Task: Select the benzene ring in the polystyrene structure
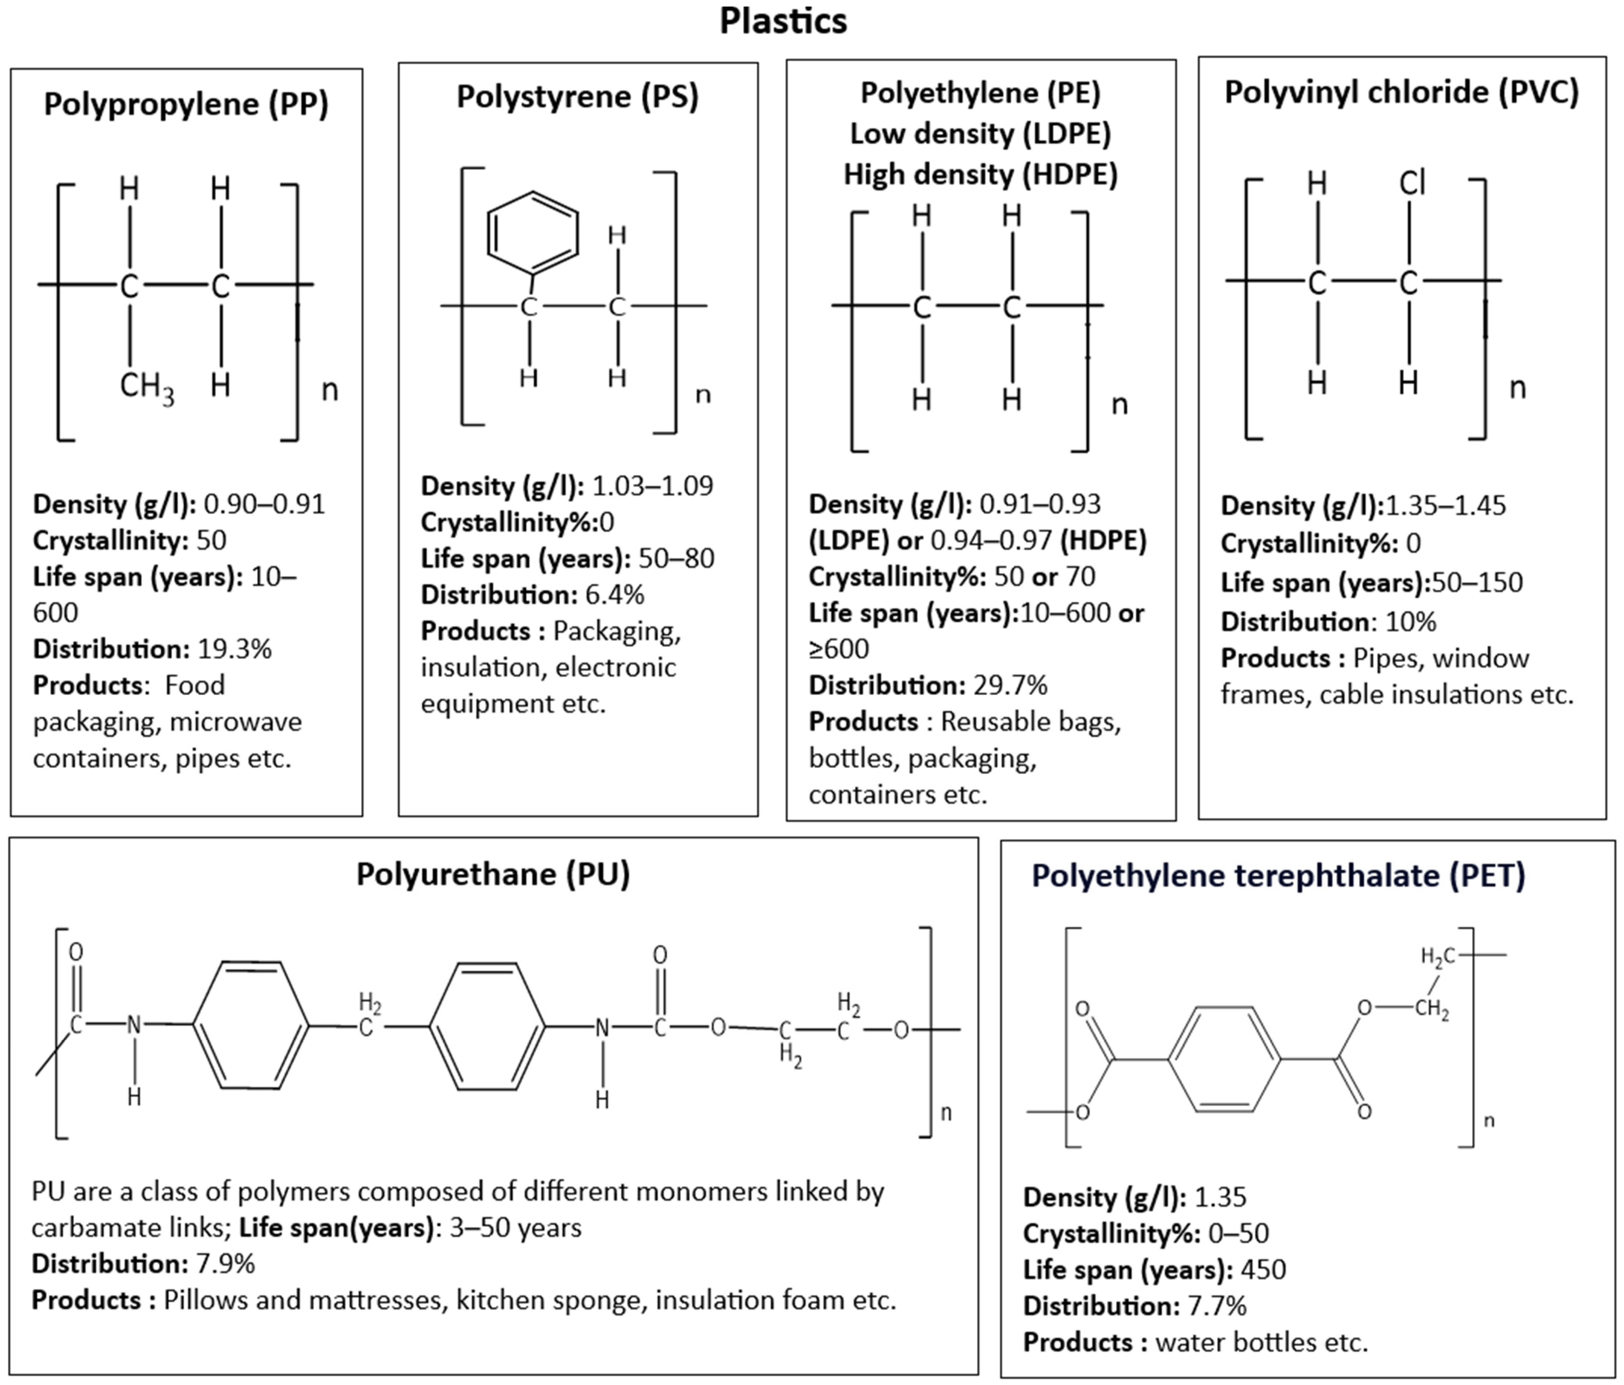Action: pos(533,233)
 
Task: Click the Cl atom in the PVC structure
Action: pos(1413,183)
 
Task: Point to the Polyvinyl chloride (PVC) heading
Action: pos(1401,93)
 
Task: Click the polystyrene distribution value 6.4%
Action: pos(614,595)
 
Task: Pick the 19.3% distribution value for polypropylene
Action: pos(234,649)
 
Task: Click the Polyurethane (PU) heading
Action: pos(493,874)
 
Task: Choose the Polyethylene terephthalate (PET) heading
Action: pos(1278,875)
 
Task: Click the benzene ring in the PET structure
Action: pos(1224,1060)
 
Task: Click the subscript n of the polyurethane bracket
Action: pos(946,1113)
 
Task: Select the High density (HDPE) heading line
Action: pos(980,174)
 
